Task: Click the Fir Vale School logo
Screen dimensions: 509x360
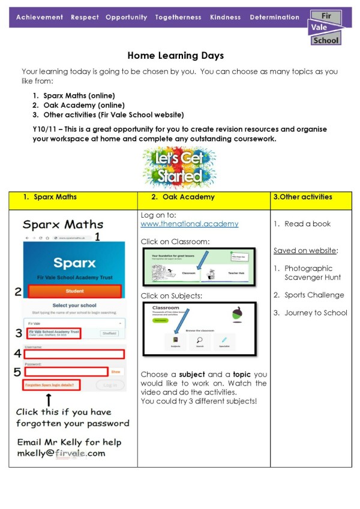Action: [326, 28]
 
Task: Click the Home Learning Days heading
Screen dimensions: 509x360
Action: [175, 56]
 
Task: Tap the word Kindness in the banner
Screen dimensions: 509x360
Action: [226, 17]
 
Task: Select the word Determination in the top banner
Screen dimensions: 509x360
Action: [274, 17]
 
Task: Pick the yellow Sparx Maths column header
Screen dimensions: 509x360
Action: [73, 197]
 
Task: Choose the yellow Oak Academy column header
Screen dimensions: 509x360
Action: [203, 197]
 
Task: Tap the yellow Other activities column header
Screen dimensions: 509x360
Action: [311, 197]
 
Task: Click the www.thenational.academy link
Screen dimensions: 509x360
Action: [189, 224]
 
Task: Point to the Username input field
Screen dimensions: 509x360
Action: [74, 354]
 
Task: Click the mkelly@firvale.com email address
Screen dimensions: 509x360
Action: [61, 453]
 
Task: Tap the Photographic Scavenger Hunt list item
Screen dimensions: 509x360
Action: [312, 273]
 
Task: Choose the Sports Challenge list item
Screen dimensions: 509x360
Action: [314, 295]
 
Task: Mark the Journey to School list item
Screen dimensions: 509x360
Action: [316, 312]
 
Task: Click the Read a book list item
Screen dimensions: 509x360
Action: [307, 224]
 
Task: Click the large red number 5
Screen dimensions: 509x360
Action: [19, 372]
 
